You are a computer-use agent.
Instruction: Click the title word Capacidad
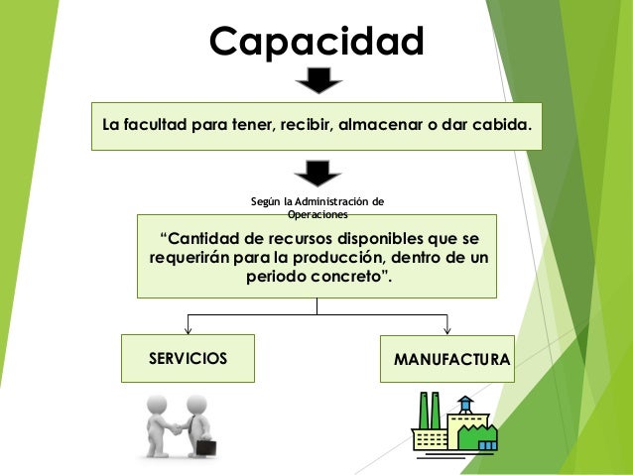point(316,42)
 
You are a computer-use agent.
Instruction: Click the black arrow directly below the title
point(318,80)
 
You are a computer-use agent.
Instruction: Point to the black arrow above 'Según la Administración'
point(318,173)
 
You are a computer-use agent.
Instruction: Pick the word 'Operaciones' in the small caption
point(316,214)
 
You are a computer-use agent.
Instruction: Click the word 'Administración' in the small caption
point(338,201)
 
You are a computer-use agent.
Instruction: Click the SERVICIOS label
point(188,357)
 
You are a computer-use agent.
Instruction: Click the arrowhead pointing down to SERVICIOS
point(188,329)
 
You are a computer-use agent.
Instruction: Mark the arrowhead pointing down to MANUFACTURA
point(447,329)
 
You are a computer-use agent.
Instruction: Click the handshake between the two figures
point(178,428)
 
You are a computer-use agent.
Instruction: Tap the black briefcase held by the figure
point(206,446)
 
